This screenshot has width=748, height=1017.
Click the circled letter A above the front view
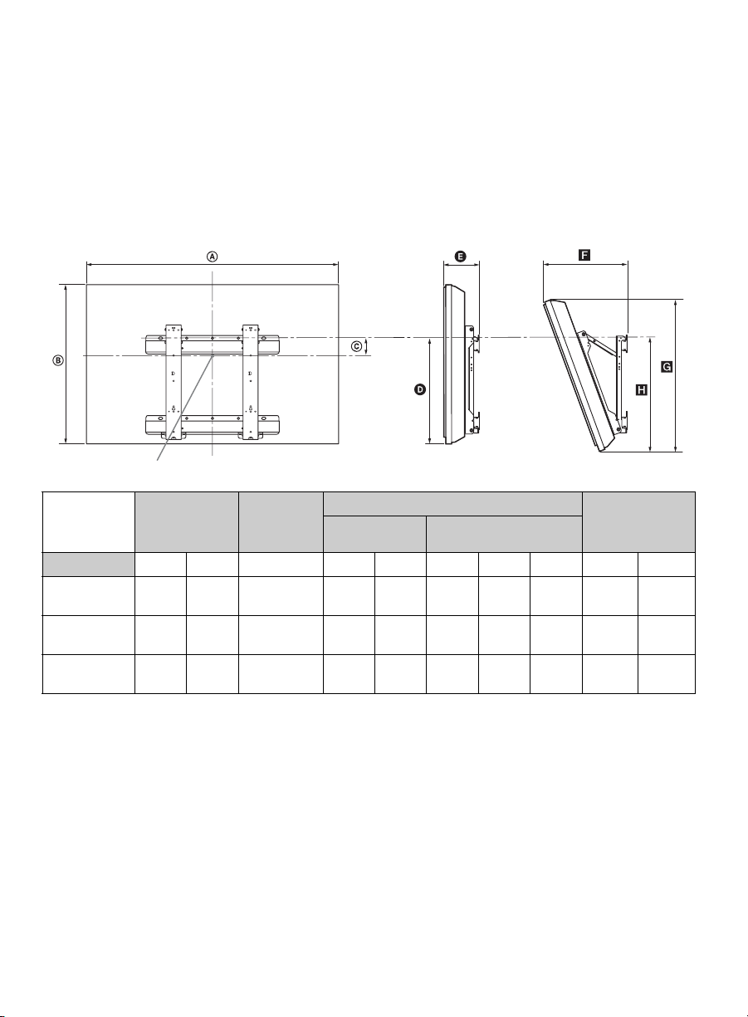213,257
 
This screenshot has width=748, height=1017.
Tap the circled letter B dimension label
59,360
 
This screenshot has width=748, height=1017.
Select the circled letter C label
357,346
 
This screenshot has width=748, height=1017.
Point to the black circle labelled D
420,389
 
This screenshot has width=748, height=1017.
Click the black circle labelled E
460,257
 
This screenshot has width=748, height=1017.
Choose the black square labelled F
584,256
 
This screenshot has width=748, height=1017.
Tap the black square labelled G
667,367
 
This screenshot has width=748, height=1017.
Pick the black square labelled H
642,389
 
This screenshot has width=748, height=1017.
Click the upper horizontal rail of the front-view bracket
212,345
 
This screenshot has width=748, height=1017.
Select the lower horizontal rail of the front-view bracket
212,424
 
